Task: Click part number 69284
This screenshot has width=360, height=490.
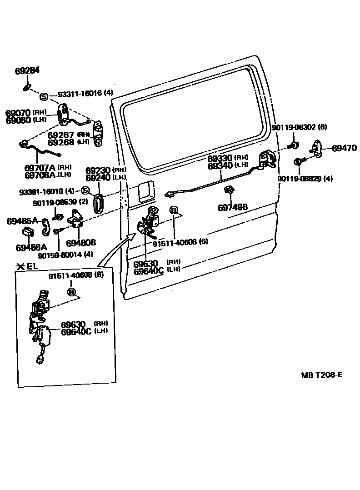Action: click(27, 71)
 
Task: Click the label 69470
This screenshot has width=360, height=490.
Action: click(344, 148)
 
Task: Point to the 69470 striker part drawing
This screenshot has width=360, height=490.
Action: click(317, 148)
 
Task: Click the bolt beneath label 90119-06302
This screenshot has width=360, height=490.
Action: click(294, 145)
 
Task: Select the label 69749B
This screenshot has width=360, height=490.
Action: click(232, 207)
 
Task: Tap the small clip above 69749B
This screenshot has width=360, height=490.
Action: click(230, 190)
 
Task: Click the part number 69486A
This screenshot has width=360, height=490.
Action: click(31, 248)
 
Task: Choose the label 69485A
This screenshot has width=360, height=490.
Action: click(22, 221)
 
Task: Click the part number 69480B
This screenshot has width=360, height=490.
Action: click(81, 243)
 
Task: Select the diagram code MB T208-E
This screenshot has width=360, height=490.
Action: click(321, 375)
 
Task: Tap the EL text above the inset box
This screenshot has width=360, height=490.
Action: click(32, 266)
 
